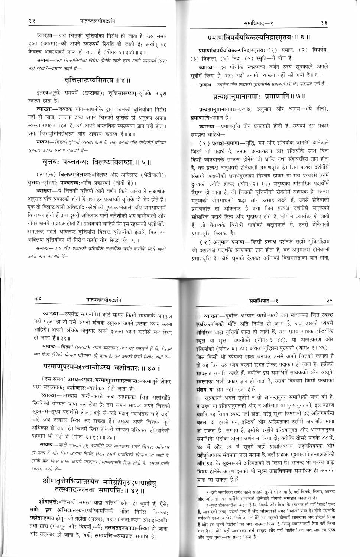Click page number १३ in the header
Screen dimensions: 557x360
pos(324,23)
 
